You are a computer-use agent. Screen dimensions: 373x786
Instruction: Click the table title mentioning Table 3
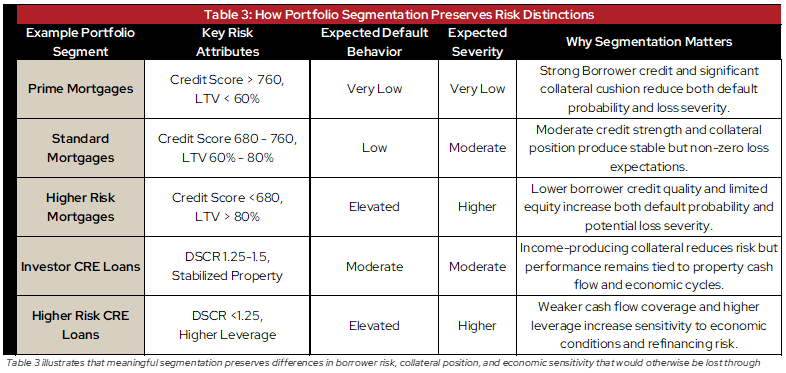[393, 14]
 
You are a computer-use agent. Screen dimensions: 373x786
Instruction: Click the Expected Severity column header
[476, 42]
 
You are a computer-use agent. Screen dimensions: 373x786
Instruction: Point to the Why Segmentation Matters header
[648, 42]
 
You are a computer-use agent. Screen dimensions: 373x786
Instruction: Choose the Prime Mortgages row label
[79, 89]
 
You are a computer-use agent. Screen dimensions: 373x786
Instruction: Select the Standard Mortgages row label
[79, 148]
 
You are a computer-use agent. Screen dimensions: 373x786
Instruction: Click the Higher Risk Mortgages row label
[79, 207]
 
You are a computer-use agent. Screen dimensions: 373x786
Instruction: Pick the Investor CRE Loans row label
[79, 267]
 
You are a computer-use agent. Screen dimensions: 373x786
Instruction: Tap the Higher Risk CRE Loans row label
[79, 326]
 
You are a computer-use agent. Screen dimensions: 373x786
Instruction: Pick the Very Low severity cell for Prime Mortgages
[476, 89]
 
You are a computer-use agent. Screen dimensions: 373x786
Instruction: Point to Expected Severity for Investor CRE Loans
[476, 267]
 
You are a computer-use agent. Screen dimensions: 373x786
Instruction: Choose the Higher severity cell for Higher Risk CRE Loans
[476, 326]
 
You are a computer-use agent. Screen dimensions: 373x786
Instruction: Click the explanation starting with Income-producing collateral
[648, 267]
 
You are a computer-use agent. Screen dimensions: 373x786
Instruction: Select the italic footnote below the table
[390, 363]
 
